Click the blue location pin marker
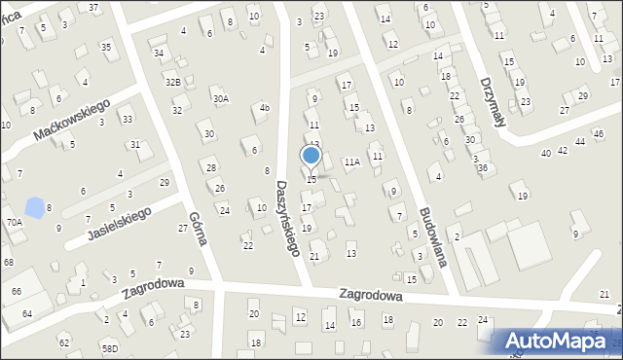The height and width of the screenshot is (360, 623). (311, 156)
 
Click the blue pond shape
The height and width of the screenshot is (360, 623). (35, 207)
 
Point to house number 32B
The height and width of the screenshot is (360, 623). (172, 82)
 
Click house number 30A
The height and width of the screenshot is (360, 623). (221, 98)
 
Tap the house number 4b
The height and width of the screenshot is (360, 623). (264, 108)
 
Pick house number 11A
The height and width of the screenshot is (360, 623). (351, 162)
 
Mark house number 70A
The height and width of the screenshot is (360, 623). (15, 222)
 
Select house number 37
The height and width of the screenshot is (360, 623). (93, 7)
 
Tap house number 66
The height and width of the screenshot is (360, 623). (16, 291)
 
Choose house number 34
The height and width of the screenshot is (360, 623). (158, 53)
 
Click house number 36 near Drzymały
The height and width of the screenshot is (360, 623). (482, 168)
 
